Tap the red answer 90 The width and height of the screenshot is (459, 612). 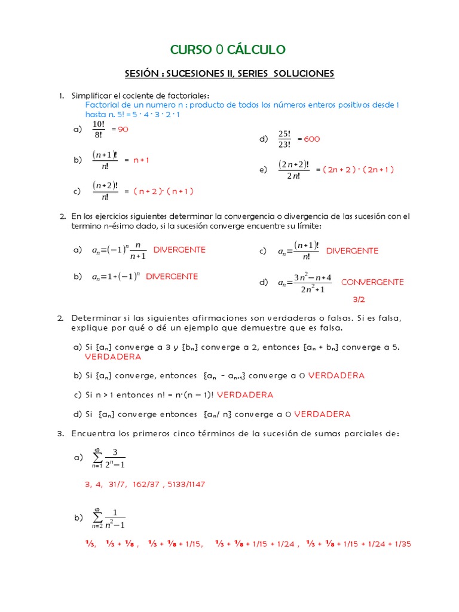pyautogui.click(x=124, y=129)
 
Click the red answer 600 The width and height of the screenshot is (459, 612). pyautogui.click(x=312, y=139)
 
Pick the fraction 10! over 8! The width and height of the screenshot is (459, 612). pyautogui.click(x=99, y=129)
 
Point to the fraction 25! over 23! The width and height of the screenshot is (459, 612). pyautogui.click(x=284, y=139)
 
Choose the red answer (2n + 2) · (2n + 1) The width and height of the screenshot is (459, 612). pyautogui.click(x=358, y=169)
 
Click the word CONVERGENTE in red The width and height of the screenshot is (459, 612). pyautogui.click(x=372, y=282)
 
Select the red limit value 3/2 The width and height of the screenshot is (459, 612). pyautogui.click(x=359, y=300)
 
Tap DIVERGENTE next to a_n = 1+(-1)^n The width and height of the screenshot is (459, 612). pyautogui.click(x=172, y=277)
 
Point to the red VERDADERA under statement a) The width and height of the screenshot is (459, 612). pyautogui.click(x=113, y=357)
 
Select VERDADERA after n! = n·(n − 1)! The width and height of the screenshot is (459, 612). pyautogui.click(x=245, y=395)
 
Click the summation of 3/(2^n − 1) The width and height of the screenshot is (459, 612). pyautogui.click(x=109, y=458)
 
